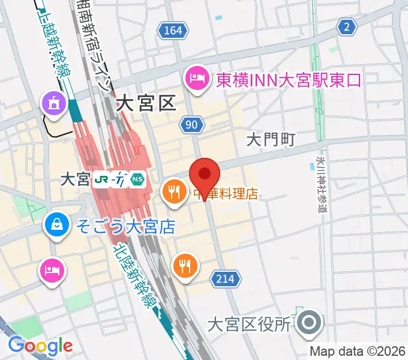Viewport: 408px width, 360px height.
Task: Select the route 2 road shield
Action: (346, 26)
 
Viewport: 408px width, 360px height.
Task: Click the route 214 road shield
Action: (226, 278)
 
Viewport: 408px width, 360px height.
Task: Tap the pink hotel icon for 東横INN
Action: (196, 78)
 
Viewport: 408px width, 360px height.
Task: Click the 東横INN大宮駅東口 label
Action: (289, 79)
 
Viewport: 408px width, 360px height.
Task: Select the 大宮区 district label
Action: (146, 103)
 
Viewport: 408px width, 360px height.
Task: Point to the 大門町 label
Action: (272, 140)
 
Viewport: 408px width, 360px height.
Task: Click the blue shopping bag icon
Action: (56, 225)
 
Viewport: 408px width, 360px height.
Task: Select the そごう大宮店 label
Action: (125, 226)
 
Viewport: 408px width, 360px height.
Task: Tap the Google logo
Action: (40, 346)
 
